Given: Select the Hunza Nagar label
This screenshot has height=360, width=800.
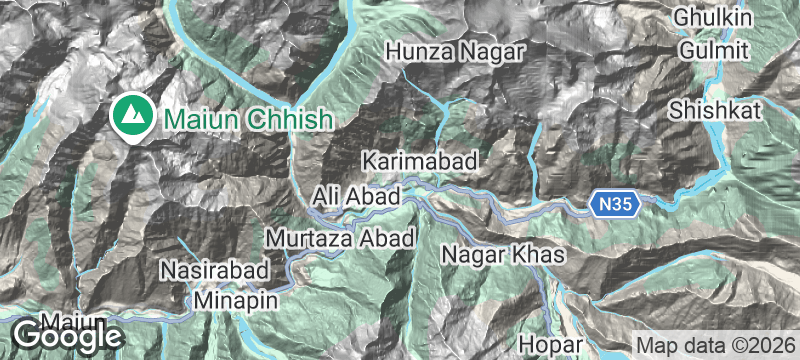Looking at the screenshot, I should tap(454, 49).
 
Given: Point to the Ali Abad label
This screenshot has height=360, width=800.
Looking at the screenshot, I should tap(356, 194).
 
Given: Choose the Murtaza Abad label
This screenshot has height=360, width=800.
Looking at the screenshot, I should tap(340, 239).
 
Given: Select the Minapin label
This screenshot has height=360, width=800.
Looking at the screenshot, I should tap(236, 298).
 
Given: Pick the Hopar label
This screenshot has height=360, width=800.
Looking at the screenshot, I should tap(551, 345).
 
